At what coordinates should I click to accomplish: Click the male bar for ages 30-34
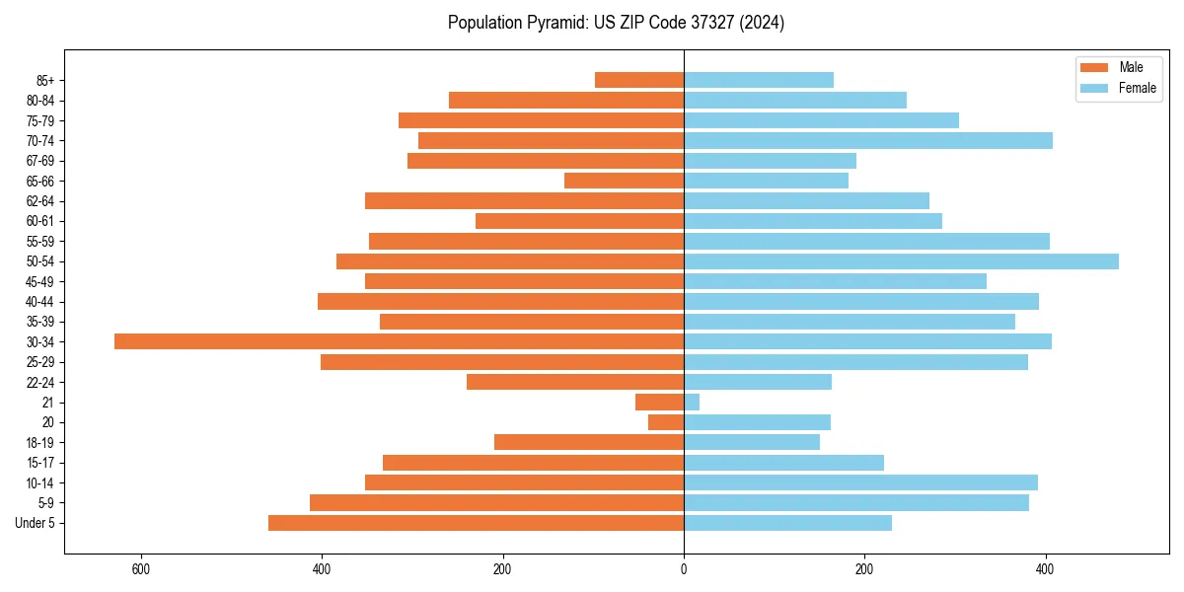coord(399,341)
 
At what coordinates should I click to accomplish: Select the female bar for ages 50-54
coord(901,261)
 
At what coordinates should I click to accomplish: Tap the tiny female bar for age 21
coord(692,403)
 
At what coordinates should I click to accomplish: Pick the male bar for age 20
coord(666,422)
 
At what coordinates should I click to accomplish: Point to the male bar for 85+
coord(639,80)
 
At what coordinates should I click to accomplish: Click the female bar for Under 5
coord(787,523)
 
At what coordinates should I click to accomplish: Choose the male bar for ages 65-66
coord(624,181)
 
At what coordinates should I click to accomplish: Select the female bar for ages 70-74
coord(868,140)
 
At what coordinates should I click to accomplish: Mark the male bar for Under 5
coord(476,523)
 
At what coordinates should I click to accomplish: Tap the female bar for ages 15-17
coord(783,463)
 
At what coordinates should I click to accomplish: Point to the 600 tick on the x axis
coord(140,569)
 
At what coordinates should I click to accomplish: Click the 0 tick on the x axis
coord(684,569)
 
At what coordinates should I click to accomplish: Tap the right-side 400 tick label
coord(1045,569)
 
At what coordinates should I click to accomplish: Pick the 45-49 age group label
coord(40,282)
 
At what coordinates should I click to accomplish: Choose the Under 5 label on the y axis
coord(36,523)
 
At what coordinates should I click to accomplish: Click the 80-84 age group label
coord(40,101)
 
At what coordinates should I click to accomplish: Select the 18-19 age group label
coord(40,443)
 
